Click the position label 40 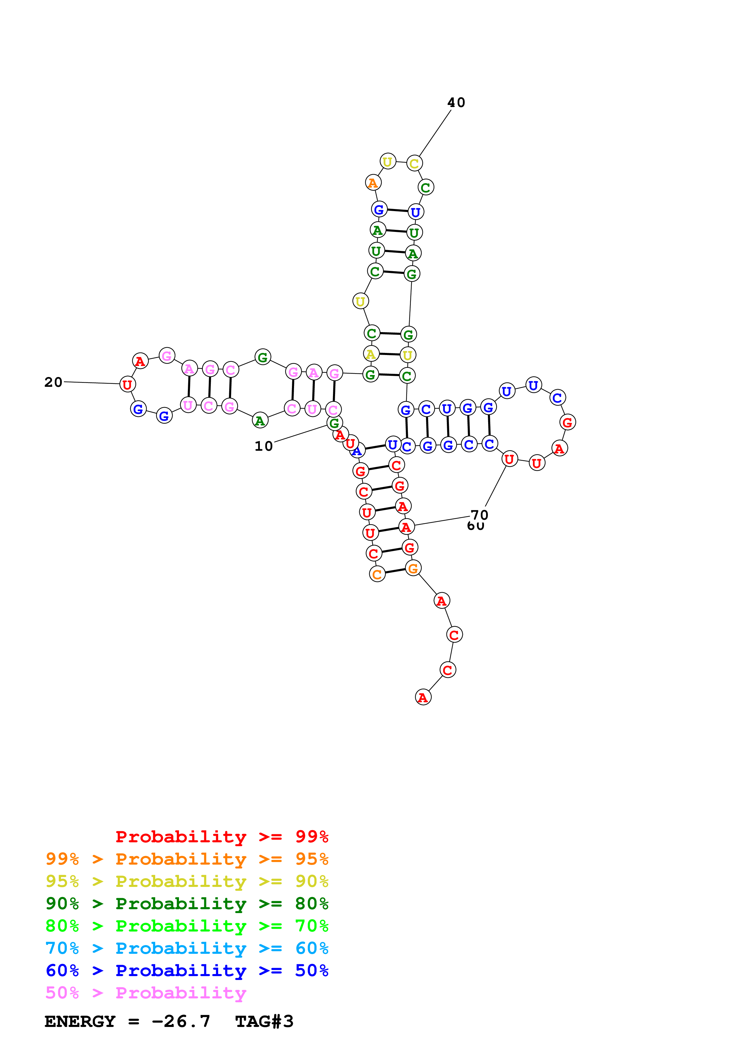[456, 103]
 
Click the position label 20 [53, 382]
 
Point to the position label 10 [263, 446]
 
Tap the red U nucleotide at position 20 [128, 384]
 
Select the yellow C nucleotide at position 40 [414, 163]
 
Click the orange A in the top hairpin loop [373, 183]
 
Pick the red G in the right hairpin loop [567, 422]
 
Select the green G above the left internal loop [263, 357]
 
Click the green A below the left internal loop [260, 421]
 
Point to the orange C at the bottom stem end [377, 574]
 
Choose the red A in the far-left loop [140, 361]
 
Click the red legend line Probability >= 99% [221, 837]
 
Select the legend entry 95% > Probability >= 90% [187, 881]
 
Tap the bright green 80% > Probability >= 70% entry [187, 926]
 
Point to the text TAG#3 [264, 1021]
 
